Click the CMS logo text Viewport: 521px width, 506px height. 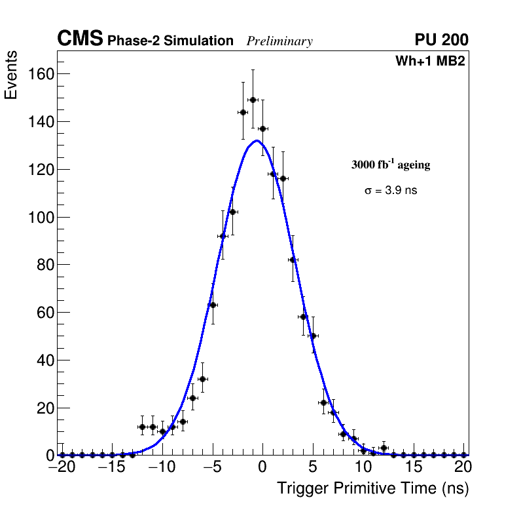click(x=80, y=39)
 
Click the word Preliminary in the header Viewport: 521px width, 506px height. click(x=279, y=41)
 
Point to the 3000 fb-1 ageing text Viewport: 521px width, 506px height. click(x=391, y=165)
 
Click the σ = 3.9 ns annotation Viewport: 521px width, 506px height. click(x=391, y=191)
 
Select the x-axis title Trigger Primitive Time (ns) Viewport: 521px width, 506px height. click(x=372, y=488)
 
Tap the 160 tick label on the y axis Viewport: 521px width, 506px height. click(x=41, y=74)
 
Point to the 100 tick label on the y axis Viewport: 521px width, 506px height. click(x=41, y=217)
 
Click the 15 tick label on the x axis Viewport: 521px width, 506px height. click(x=414, y=468)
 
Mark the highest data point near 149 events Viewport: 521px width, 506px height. click(x=253, y=100)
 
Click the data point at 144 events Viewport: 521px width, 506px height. click(x=243, y=112)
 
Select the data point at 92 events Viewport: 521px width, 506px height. click(x=223, y=236)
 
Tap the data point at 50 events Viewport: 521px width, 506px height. click(x=313, y=336)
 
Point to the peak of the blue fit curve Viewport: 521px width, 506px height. click(x=257, y=140)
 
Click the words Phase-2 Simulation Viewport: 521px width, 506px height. click(x=170, y=41)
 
